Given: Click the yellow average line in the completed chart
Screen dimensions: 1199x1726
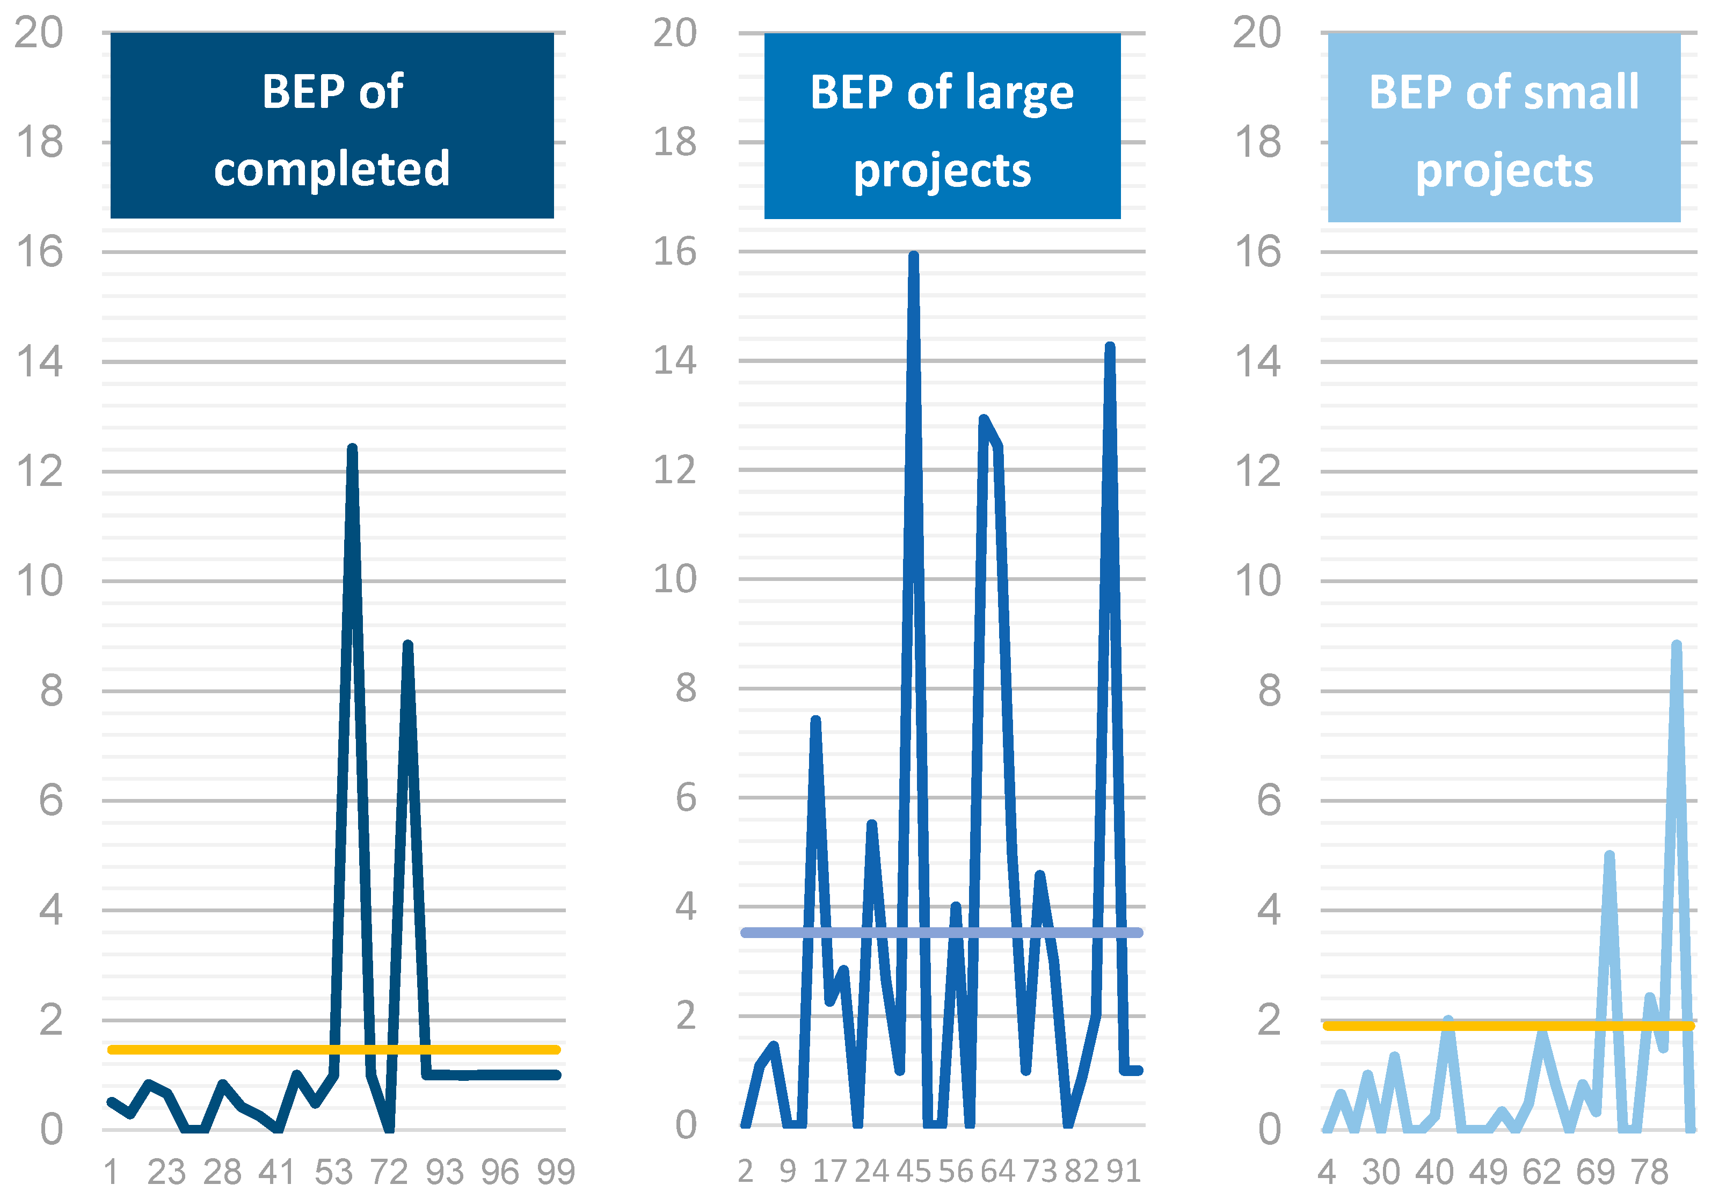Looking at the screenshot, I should click(x=225, y=1050).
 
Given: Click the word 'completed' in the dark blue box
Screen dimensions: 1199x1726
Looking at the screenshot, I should click(x=332, y=168).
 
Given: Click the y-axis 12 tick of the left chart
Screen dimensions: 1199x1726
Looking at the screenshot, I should click(x=39, y=472).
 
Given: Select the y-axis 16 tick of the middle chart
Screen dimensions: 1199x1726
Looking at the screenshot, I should click(x=674, y=252).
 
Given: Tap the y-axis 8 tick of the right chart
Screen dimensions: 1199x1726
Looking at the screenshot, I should click(x=1269, y=691).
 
